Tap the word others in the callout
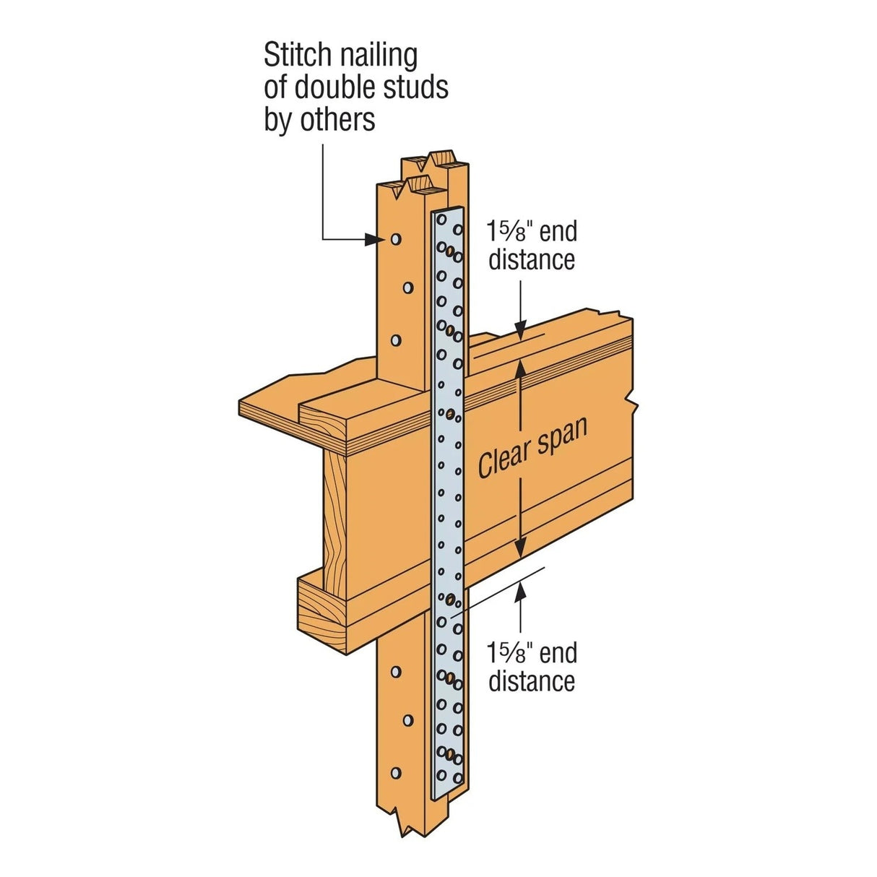click(337, 120)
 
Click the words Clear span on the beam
click(532, 447)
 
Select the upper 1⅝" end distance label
click(532, 246)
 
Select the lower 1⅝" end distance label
click(532, 667)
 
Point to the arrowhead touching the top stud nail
click(373, 238)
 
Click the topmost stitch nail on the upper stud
click(395, 238)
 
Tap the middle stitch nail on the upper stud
click(408, 288)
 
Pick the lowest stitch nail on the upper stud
click(395, 339)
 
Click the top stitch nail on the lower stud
click(395, 672)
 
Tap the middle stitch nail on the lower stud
click(408, 721)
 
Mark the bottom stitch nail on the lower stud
click(396, 773)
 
